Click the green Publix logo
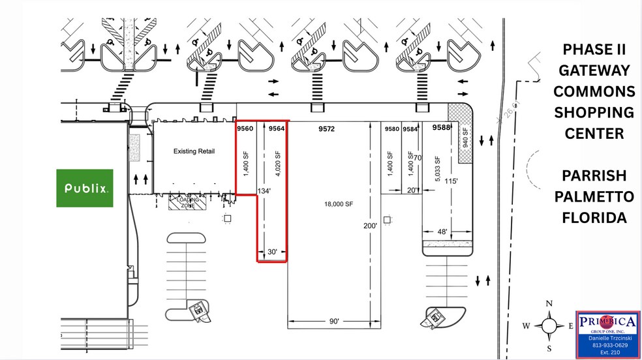tap(85, 188)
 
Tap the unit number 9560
tap(245, 129)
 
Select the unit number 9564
tap(277, 129)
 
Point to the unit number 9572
tap(326, 129)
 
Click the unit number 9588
tap(442, 128)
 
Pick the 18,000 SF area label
tap(339, 204)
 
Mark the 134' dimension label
tap(264, 191)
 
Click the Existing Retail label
tap(194, 151)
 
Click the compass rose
tap(549, 324)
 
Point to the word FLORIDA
tap(594, 217)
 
